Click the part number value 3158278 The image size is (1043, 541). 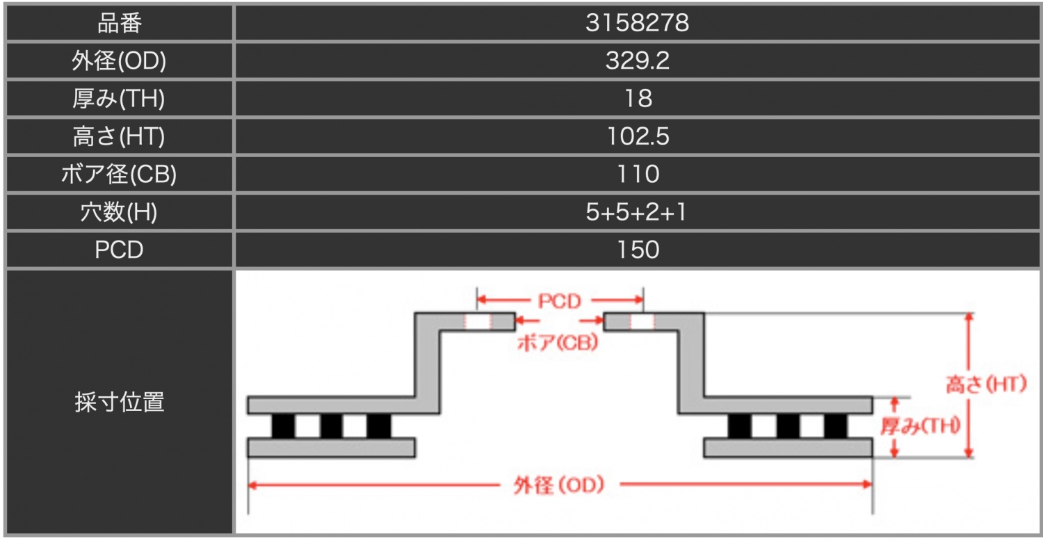(x=638, y=24)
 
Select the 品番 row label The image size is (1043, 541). (x=119, y=24)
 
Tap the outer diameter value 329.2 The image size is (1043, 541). (x=638, y=61)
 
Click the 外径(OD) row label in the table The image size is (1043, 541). (x=119, y=61)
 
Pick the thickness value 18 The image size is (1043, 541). (x=638, y=99)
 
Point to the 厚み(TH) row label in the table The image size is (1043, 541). (x=119, y=99)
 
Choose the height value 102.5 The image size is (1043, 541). (x=638, y=136)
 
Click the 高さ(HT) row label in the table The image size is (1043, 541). (x=119, y=136)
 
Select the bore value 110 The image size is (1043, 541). (x=638, y=174)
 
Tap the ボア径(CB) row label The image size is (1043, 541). (x=119, y=174)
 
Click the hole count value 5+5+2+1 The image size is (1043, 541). (x=638, y=212)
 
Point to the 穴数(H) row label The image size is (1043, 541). (x=119, y=212)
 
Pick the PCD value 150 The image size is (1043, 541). (x=638, y=250)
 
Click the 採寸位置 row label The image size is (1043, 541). (x=119, y=402)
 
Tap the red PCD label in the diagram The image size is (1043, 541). (x=559, y=301)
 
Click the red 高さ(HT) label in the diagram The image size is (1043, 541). (x=986, y=385)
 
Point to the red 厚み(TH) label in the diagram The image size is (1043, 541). (x=920, y=426)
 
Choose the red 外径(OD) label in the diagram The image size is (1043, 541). (x=559, y=485)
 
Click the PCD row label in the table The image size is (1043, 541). (x=119, y=250)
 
